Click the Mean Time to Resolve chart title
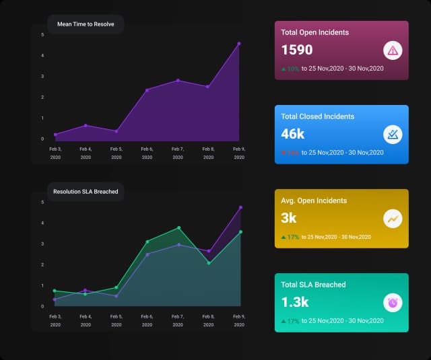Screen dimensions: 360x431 pyautogui.click(x=86, y=24)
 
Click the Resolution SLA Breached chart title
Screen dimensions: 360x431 pyautogui.click(x=86, y=192)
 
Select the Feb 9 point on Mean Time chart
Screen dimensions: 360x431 pyautogui.click(x=239, y=44)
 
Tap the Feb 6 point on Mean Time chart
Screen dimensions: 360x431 pyautogui.click(x=147, y=89)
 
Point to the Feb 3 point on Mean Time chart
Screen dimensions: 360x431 pyautogui.click(x=55, y=135)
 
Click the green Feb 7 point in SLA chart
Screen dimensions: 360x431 pyautogui.click(x=178, y=228)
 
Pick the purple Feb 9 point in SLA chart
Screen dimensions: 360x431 pyautogui.click(x=240, y=207)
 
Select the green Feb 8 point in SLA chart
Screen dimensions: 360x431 pyautogui.click(x=209, y=263)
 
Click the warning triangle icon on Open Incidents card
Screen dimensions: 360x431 pyautogui.click(x=393, y=50)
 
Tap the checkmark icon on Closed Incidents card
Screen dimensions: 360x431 pyautogui.click(x=393, y=135)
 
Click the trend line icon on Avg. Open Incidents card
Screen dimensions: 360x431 pyautogui.click(x=393, y=219)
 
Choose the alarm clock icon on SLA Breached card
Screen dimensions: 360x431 pyautogui.click(x=393, y=303)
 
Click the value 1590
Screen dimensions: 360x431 pyautogui.click(x=297, y=50)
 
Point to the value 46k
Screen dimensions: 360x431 pyautogui.click(x=293, y=134)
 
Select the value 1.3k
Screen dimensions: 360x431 pyautogui.click(x=295, y=302)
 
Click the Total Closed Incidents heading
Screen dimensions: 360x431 pyautogui.click(x=317, y=116)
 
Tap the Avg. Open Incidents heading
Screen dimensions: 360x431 pyautogui.click(x=314, y=201)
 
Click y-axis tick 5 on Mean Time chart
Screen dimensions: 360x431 pyautogui.click(x=42, y=34)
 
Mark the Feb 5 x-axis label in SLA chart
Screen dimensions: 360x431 pyautogui.click(x=117, y=320)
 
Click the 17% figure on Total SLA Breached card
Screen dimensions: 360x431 pyautogui.click(x=293, y=321)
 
